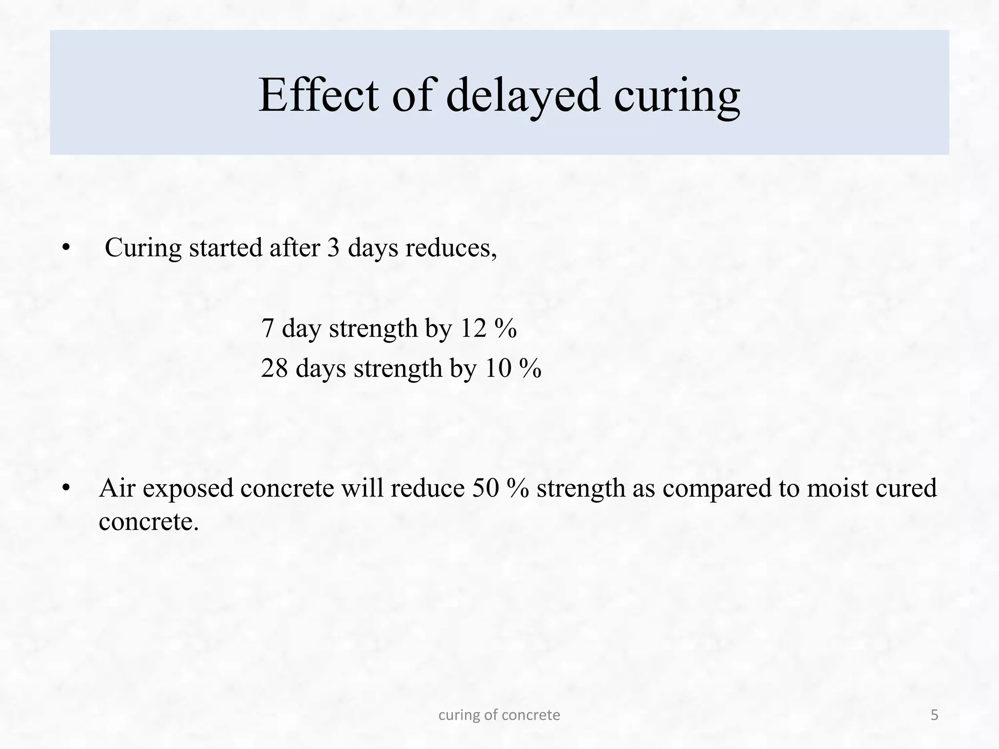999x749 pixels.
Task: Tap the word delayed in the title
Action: pyautogui.click(x=522, y=96)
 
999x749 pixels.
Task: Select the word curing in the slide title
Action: pyautogui.click(x=677, y=97)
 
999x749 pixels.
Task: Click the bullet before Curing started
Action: pyautogui.click(x=66, y=248)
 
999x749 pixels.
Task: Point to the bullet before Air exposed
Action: pyautogui.click(x=66, y=488)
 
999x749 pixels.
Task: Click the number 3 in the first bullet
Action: pyautogui.click(x=333, y=248)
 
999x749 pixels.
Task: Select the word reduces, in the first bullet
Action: pyautogui.click(x=451, y=249)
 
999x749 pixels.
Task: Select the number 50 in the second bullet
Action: pyautogui.click(x=485, y=488)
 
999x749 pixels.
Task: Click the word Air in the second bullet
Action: pyautogui.click(x=117, y=488)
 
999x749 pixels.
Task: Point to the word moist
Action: pyautogui.click(x=837, y=488)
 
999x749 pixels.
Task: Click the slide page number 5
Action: pyautogui.click(x=934, y=715)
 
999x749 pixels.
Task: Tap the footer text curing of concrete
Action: pyautogui.click(x=499, y=715)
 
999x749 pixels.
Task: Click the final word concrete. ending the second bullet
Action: pyautogui.click(x=149, y=522)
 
